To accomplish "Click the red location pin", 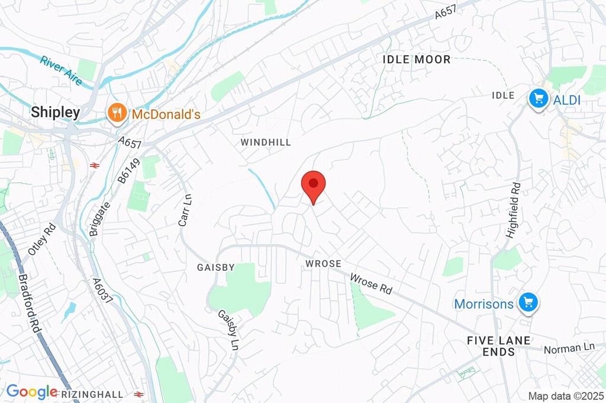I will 313,185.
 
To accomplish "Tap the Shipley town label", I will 56,112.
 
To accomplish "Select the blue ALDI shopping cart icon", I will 538,98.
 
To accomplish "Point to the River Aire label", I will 62,70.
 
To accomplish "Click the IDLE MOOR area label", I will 417,59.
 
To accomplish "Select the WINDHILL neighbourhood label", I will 266,142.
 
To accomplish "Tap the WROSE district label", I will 323,263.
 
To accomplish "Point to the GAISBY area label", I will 215,267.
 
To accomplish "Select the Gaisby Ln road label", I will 228,330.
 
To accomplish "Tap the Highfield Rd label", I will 513,210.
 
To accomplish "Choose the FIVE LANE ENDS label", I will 498,346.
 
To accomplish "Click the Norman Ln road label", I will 569,348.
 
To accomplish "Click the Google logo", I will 32,391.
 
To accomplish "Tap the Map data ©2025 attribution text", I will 566,396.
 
